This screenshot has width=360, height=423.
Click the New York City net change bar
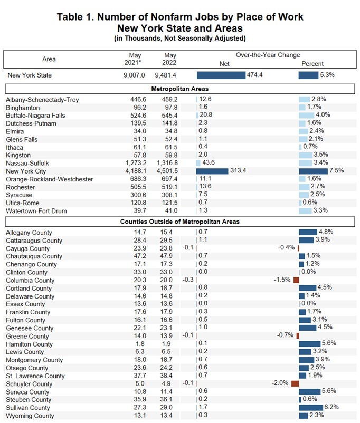[x=212, y=171]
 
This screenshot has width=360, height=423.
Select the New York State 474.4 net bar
[x=221, y=75]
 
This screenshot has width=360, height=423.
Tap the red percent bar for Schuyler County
[x=295, y=384]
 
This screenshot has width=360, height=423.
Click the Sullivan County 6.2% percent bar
[x=310, y=408]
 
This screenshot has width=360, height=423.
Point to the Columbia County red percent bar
[x=296, y=280]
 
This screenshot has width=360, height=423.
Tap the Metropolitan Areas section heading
[x=180, y=89]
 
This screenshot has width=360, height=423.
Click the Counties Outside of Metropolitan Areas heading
[x=180, y=222]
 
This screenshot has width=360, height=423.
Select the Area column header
[x=49, y=59]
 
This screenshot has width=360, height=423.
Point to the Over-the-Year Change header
[x=268, y=55]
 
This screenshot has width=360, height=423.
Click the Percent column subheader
[x=312, y=64]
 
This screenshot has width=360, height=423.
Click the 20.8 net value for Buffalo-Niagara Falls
[x=206, y=116]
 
